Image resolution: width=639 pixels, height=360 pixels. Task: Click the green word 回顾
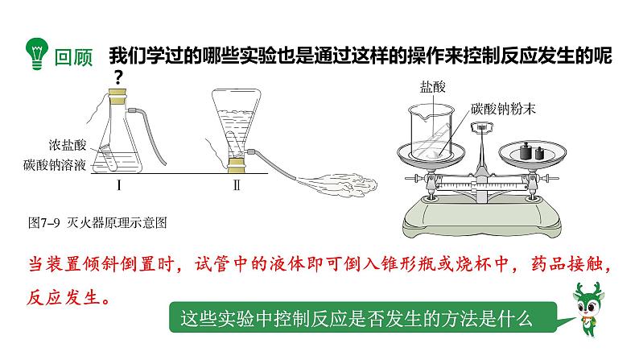[x=73, y=57]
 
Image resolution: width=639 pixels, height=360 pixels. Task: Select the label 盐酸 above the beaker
[x=433, y=86]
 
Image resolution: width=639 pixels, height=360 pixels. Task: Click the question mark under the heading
[x=118, y=78]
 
